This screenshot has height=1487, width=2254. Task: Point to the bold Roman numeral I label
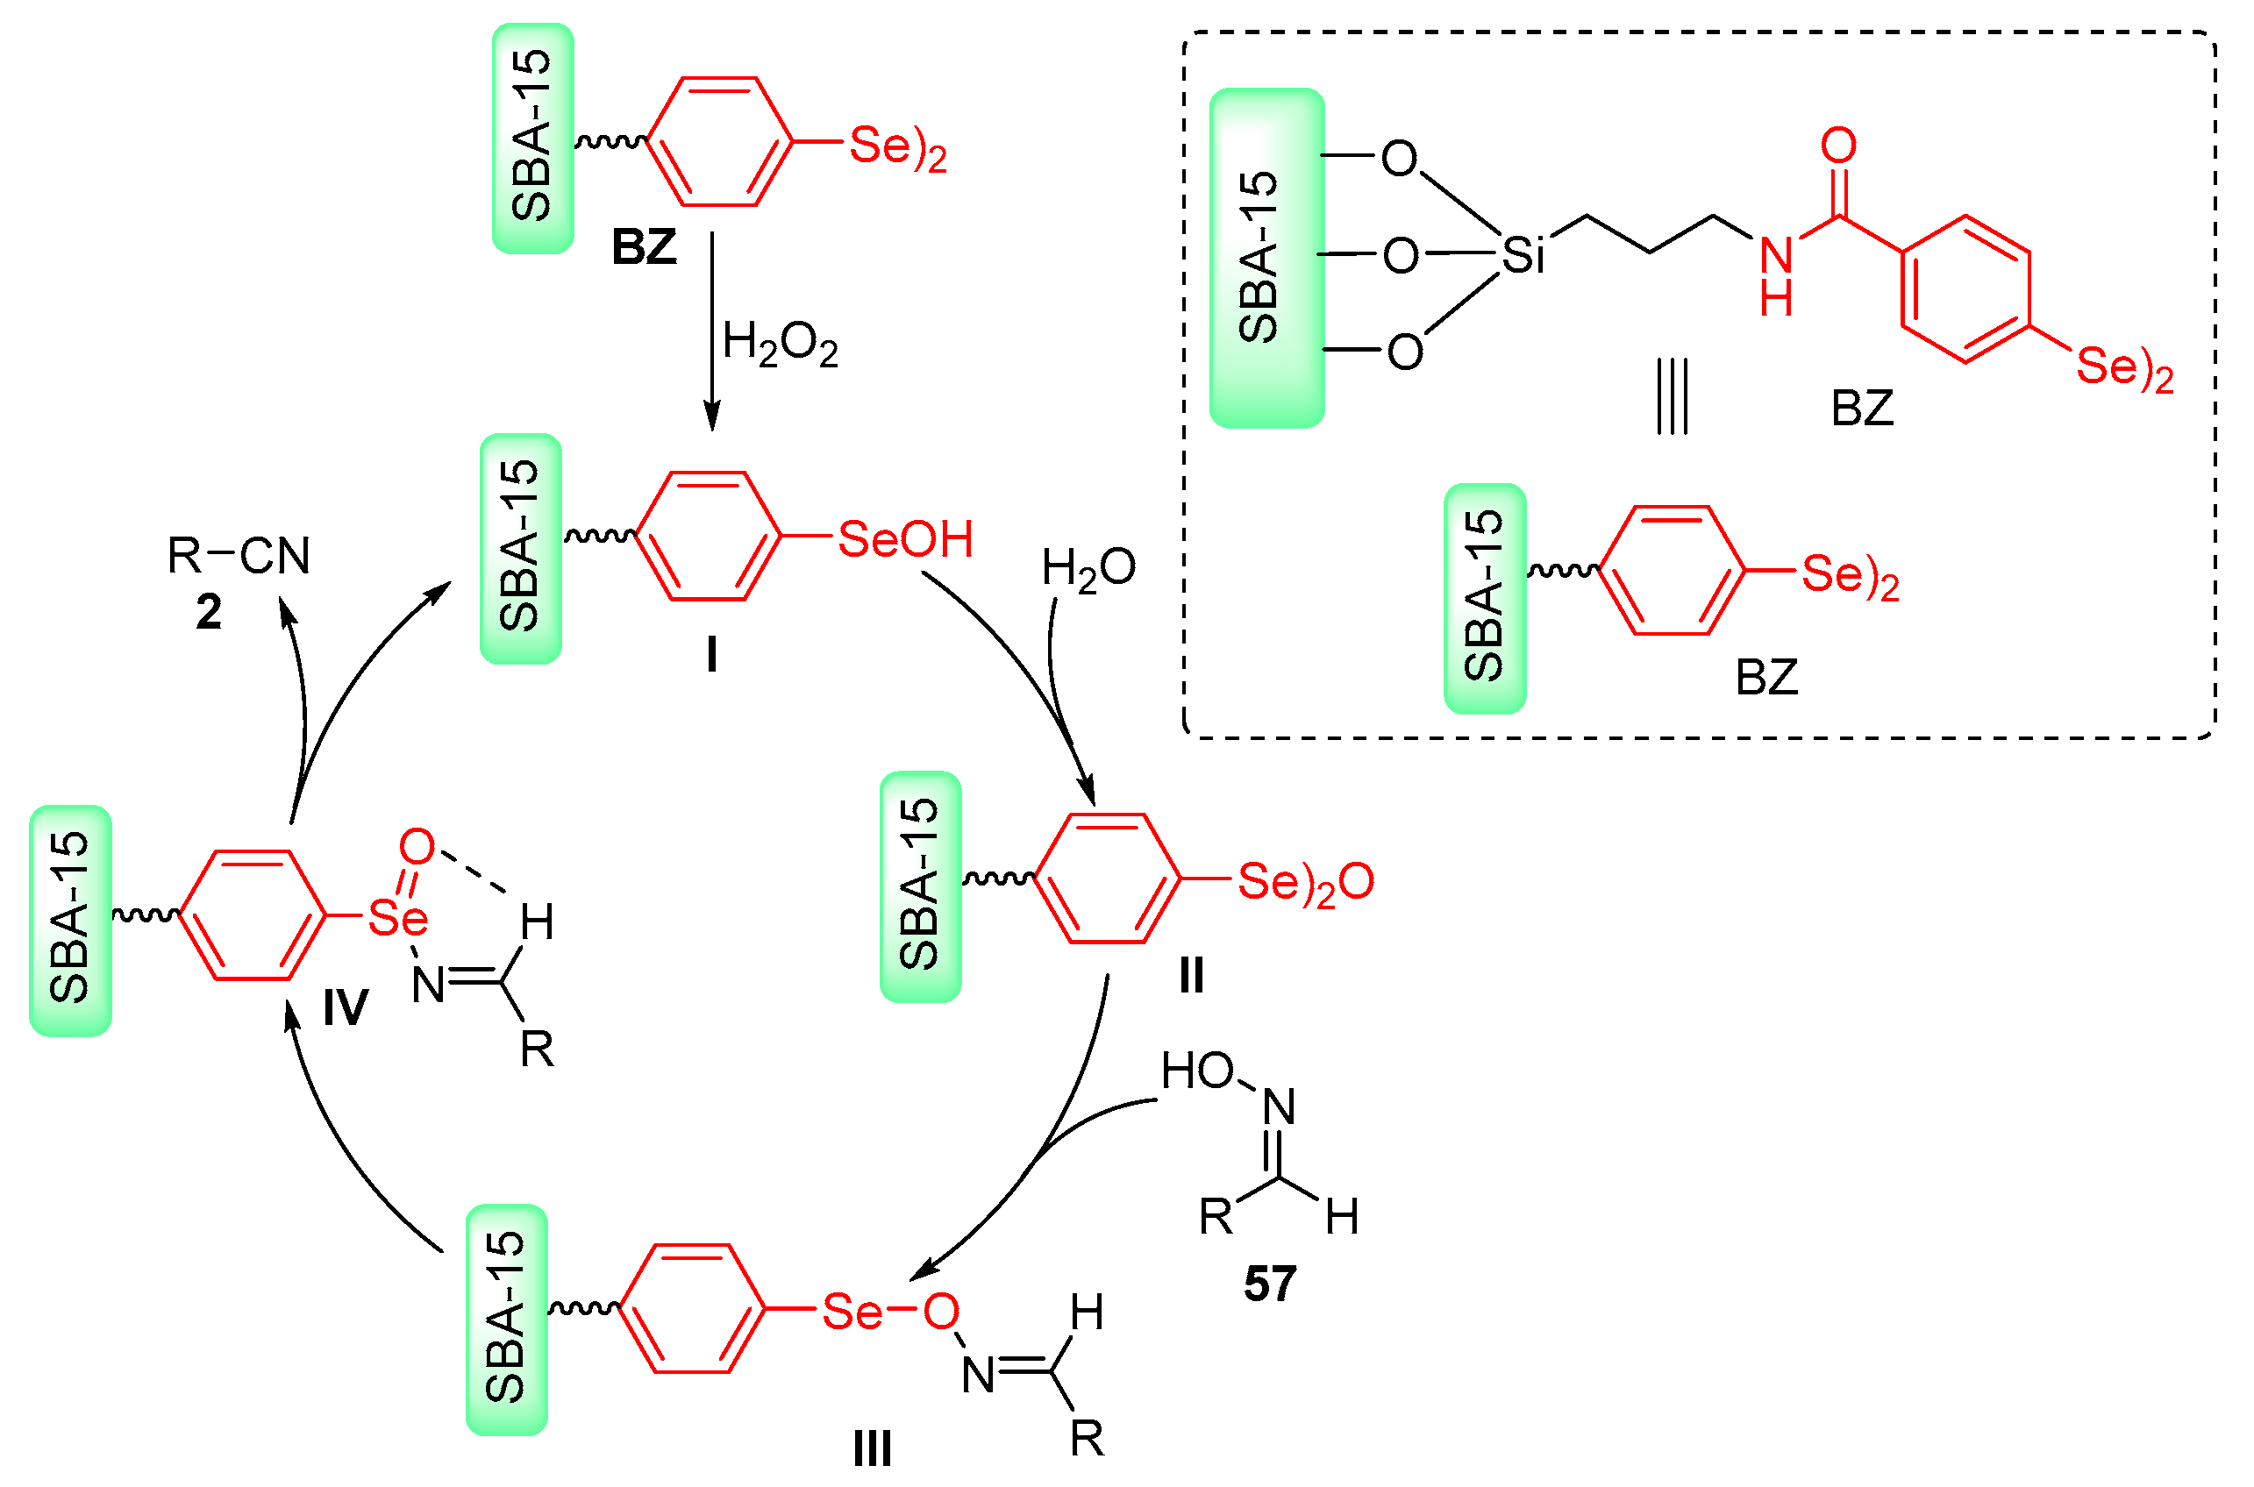click(711, 654)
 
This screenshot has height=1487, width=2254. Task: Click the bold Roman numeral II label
click(1192, 975)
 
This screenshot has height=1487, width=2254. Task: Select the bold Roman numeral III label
click(872, 1449)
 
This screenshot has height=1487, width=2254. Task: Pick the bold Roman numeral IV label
click(346, 1007)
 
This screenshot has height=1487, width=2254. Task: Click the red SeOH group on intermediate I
click(906, 538)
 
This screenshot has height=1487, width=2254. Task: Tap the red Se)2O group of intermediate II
click(1305, 882)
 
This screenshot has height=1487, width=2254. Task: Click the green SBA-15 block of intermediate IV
click(70, 920)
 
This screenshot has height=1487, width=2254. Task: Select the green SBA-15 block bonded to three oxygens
click(1266, 258)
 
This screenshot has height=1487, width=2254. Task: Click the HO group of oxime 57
click(1197, 1071)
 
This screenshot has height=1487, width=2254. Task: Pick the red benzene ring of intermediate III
click(693, 1310)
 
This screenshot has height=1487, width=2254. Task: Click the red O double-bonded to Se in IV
click(417, 846)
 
